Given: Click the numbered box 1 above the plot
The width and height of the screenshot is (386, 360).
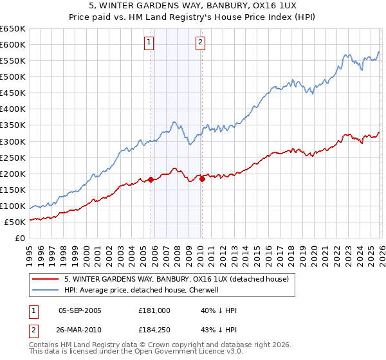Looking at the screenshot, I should point(149,43).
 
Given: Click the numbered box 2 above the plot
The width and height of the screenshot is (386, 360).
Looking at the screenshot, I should point(201,43).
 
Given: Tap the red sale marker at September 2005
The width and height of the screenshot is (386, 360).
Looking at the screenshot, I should point(151,179).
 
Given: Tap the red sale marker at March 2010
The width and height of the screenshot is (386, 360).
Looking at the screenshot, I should point(202,179).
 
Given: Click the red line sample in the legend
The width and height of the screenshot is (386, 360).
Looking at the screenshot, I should point(45,279).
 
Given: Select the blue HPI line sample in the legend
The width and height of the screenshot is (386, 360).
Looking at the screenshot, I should point(45,290).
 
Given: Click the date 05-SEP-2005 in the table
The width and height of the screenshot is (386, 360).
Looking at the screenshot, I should point(80,310).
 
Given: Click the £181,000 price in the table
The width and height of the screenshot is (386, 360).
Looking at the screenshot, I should point(154,310).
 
